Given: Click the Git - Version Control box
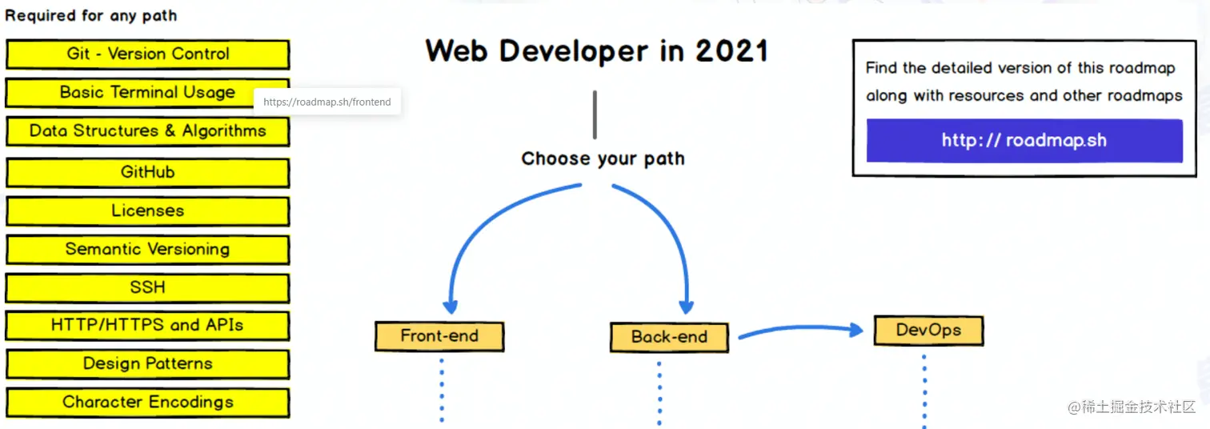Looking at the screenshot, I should click(147, 54).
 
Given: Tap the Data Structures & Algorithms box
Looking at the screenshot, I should click(147, 131).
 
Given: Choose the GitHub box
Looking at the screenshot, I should click(147, 172).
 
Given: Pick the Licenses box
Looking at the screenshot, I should click(147, 211).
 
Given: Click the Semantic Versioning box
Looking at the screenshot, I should click(147, 250).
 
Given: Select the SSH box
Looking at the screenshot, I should click(147, 287).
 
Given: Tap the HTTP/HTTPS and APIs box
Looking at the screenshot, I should click(147, 326).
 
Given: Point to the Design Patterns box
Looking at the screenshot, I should click(147, 364).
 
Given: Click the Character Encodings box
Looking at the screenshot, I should click(147, 403).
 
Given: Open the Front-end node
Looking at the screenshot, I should click(439, 336).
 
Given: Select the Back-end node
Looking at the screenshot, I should click(669, 337).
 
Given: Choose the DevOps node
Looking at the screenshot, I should click(928, 330).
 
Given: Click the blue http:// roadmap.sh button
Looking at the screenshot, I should click(1024, 141).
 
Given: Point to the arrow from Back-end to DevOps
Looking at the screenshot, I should click(800, 330).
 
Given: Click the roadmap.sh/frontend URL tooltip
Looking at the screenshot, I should click(327, 102).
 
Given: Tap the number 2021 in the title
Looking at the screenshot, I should click(731, 51).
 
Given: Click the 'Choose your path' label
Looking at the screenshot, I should click(603, 158).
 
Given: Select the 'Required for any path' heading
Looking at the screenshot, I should click(91, 15).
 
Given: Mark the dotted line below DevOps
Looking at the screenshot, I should click(924, 392).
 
